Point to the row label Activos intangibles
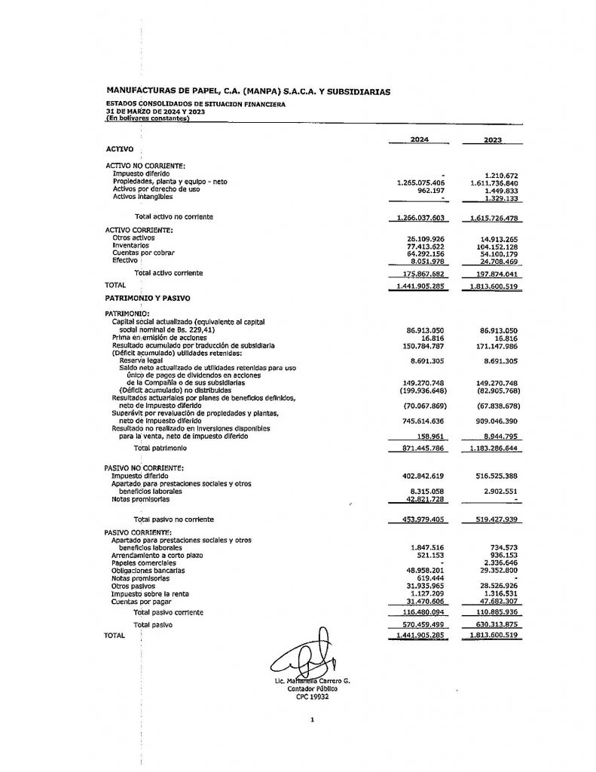point(142,197)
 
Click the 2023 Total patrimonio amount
point(497,449)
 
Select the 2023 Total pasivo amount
point(497,625)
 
